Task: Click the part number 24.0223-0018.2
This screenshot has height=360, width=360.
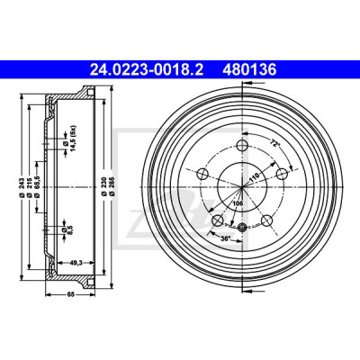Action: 147,70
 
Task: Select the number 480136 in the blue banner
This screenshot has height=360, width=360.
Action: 249,70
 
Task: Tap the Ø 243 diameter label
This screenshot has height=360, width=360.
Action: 22,187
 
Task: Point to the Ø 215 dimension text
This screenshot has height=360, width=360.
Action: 30,187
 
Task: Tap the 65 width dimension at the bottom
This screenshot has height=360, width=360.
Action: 70,294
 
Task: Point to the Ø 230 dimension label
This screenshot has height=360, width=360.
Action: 103,187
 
